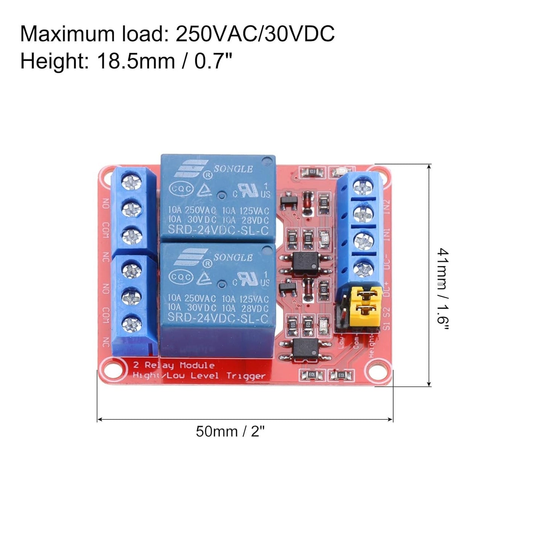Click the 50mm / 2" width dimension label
click(x=230, y=431)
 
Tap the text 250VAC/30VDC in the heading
click(x=255, y=34)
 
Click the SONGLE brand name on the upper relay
click(x=233, y=169)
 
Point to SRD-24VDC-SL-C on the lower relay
click(x=218, y=318)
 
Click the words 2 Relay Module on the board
click(x=174, y=365)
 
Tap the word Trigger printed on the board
click(x=246, y=376)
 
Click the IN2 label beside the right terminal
click(x=387, y=206)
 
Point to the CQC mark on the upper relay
click(x=181, y=189)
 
